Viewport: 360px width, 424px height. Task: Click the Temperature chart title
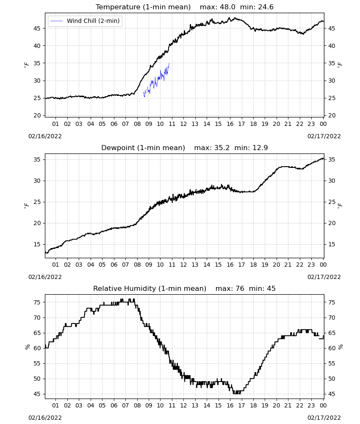(143, 7)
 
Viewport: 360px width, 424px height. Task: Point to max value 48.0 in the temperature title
(228, 7)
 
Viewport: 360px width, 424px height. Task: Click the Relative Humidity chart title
(150, 288)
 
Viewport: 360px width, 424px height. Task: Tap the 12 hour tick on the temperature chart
(183, 124)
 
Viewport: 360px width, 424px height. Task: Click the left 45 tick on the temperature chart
(37, 28)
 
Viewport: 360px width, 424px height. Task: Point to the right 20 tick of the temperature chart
(332, 115)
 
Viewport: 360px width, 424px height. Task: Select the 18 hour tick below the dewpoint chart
(253, 265)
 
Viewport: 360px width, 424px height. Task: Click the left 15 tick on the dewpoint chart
(37, 245)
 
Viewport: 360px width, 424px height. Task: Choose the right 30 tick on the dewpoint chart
(332, 181)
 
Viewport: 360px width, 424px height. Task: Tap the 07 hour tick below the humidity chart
(125, 405)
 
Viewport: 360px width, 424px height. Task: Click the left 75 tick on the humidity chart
(37, 302)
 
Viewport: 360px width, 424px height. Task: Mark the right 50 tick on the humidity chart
(332, 379)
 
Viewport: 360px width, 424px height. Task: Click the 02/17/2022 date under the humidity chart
(324, 418)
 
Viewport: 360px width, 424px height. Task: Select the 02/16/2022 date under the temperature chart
(45, 136)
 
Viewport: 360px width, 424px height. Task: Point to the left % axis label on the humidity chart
(27, 347)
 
